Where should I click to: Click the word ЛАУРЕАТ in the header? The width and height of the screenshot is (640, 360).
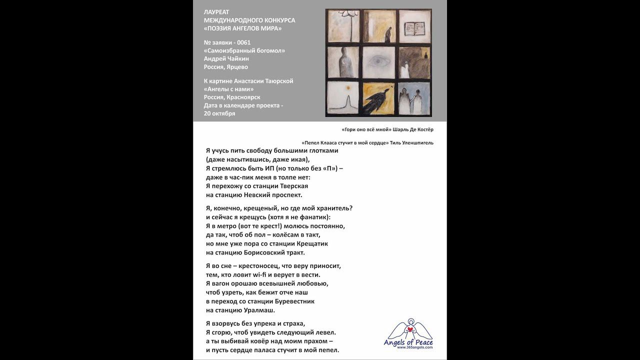click(x=216, y=12)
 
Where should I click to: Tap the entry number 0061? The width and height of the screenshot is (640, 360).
click(x=244, y=42)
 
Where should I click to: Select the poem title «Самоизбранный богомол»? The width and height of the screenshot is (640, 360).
click(x=244, y=50)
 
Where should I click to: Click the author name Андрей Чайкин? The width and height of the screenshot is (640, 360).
click(x=226, y=58)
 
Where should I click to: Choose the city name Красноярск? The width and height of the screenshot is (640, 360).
click(x=243, y=97)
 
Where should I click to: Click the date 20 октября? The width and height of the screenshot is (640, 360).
click(x=219, y=113)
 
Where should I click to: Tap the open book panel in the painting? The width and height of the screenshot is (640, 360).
click(x=414, y=26)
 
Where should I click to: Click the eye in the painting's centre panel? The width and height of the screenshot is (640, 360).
click(x=379, y=62)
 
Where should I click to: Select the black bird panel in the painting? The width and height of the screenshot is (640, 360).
click(x=379, y=98)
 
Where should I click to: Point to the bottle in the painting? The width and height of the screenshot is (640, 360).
click(x=343, y=62)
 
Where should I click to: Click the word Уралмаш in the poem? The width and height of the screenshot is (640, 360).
click(x=257, y=310)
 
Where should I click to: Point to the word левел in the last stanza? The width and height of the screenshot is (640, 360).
click(x=325, y=332)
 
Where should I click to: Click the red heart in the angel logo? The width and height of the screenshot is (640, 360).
click(x=410, y=329)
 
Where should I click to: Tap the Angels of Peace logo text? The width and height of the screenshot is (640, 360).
click(x=408, y=342)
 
